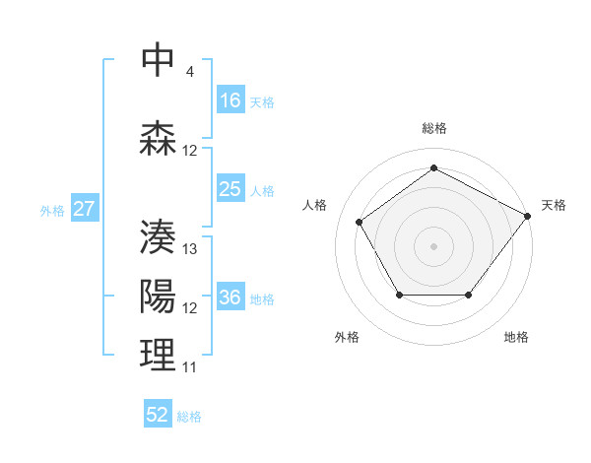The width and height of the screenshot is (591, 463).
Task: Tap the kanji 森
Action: [x=158, y=137]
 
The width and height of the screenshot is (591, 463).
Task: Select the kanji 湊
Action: [x=158, y=234]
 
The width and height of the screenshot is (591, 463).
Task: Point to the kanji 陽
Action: [x=158, y=295]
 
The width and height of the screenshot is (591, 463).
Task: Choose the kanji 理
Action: [x=158, y=354]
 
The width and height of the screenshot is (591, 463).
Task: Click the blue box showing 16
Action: [x=230, y=100]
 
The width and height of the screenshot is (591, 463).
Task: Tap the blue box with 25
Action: [x=230, y=189]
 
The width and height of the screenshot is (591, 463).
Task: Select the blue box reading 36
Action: [x=230, y=298]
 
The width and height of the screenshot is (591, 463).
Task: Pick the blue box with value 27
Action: [x=85, y=209]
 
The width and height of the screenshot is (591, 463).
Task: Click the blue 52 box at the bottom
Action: [x=158, y=415]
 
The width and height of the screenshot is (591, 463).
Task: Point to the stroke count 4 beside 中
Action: [x=189, y=71]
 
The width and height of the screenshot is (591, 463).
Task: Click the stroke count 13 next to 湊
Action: [x=191, y=249]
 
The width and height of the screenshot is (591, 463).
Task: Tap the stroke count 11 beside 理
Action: [x=190, y=367]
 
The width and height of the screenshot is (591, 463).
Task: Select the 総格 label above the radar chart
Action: [x=433, y=128]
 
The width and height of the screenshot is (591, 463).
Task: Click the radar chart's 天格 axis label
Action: [x=554, y=205]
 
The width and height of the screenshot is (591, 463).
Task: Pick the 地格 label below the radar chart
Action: [x=516, y=337]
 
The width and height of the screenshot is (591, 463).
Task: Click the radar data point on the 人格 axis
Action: [x=361, y=222]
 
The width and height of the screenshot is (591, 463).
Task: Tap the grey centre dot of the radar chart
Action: [x=433, y=245]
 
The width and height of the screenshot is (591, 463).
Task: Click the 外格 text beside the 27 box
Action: [x=52, y=210]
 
